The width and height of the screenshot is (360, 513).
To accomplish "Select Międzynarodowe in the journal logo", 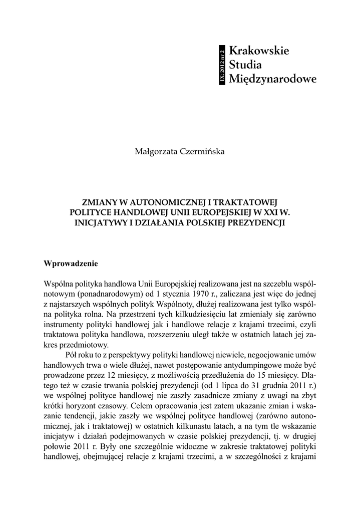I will [272, 79].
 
